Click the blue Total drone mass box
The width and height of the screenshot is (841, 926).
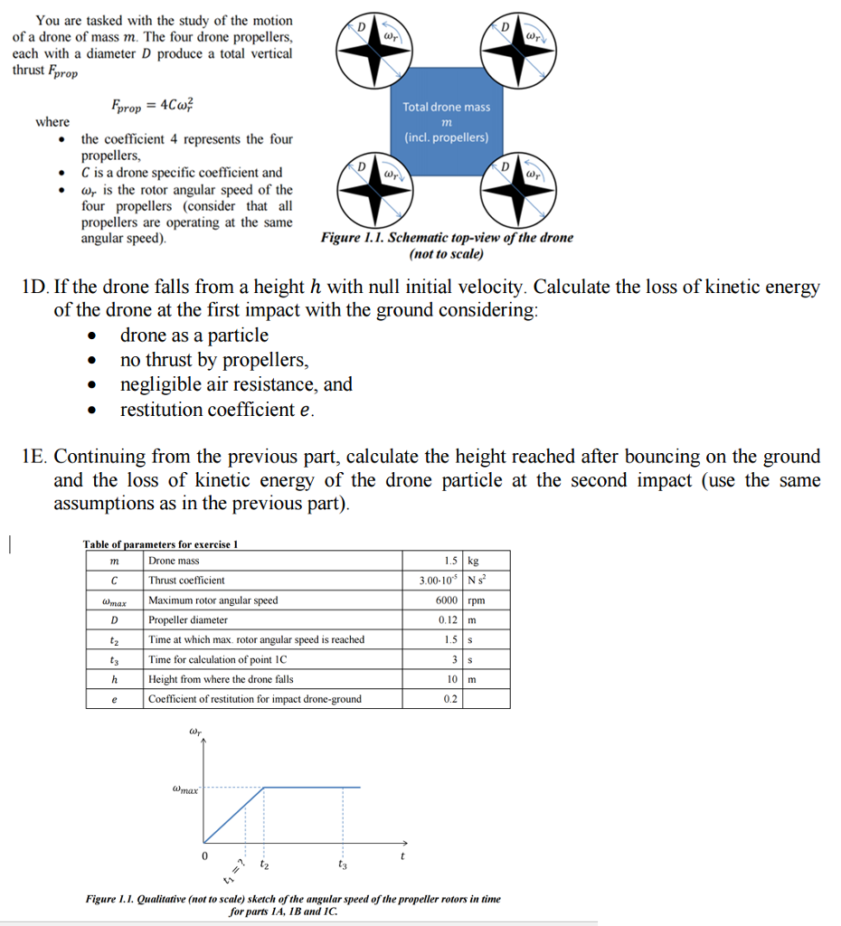click(x=446, y=122)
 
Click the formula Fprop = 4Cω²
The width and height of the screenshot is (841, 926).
click(x=151, y=105)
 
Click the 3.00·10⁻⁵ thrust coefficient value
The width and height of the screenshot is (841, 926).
click(x=440, y=581)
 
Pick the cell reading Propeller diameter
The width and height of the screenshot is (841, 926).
click(x=188, y=620)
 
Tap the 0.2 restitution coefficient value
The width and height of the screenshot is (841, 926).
click(x=450, y=699)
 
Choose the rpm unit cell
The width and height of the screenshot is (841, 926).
click(x=476, y=600)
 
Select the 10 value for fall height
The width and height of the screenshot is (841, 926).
click(x=451, y=679)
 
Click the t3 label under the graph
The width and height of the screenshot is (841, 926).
click(x=342, y=864)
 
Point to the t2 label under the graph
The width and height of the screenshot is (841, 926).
click(x=263, y=864)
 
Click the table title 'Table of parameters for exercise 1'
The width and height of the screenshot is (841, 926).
click(x=160, y=543)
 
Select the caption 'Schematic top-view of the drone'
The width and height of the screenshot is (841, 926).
click(x=447, y=238)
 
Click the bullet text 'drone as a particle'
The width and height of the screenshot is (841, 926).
click(x=194, y=335)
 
